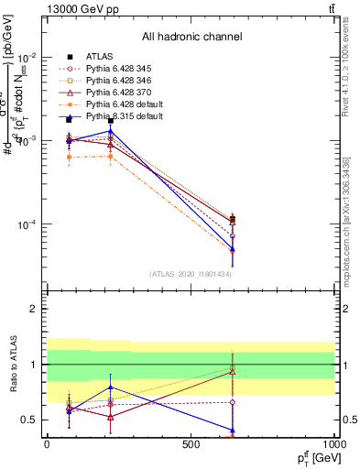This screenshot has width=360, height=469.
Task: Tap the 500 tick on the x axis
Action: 191,444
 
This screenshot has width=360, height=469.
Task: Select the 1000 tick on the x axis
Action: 335,444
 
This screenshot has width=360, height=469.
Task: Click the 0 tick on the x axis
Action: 47,444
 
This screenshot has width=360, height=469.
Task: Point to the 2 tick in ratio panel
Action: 36,309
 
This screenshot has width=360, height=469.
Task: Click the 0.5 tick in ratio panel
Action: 32,420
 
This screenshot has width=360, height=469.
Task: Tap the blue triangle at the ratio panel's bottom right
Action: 233,430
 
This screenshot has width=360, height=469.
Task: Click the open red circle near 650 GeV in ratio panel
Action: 233,402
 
